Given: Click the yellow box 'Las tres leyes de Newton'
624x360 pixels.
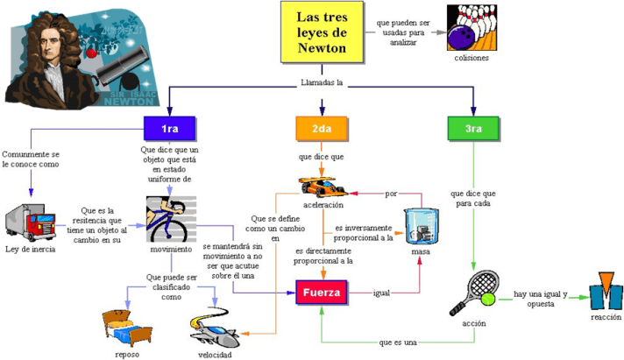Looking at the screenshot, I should [x=322, y=32].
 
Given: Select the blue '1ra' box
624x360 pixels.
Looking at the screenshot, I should [x=169, y=130].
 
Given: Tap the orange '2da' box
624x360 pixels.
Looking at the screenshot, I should [x=322, y=130].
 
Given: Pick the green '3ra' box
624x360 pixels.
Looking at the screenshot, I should [x=473, y=130].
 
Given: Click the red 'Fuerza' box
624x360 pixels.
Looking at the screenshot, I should [x=321, y=292].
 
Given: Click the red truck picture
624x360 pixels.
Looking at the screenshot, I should [x=32, y=226].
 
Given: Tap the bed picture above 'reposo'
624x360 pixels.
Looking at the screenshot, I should [x=127, y=326].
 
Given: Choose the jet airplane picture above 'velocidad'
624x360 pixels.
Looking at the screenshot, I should [x=216, y=330].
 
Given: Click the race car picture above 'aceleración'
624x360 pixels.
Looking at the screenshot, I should [x=323, y=186].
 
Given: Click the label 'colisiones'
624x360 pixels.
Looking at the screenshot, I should [x=472, y=58].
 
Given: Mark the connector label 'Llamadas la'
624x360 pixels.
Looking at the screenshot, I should [x=322, y=84].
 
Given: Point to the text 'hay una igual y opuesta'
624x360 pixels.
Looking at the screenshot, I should [x=541, y=298].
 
